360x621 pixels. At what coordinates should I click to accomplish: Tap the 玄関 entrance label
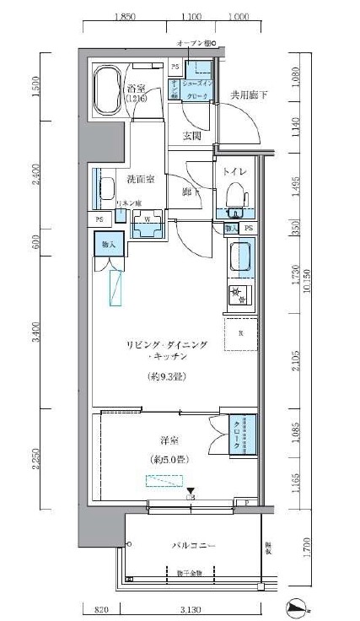191,136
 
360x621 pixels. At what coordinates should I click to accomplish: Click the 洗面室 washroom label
141,179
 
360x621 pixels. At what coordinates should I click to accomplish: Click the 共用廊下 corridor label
250,95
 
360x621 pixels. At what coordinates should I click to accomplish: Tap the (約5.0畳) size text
169,459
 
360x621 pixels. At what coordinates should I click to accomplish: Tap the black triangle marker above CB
191,491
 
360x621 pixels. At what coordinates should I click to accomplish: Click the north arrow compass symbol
297,605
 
